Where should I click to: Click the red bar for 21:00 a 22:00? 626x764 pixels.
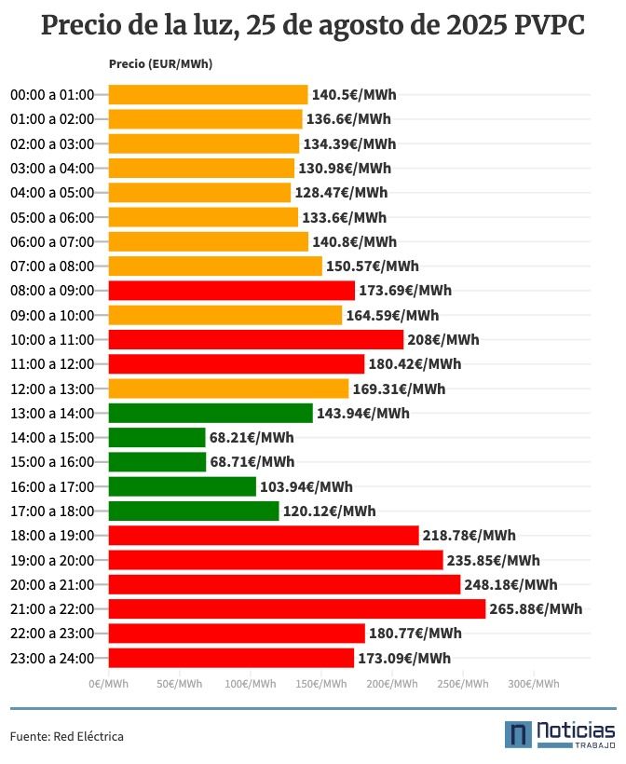297,608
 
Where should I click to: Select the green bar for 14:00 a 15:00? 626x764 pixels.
156,437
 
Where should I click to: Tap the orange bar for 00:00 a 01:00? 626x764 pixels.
208,94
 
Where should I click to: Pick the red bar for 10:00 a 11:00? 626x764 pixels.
256,339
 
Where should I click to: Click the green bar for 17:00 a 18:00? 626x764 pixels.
194,511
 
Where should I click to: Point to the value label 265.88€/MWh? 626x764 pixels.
536,609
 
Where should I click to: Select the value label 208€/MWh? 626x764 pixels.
443,340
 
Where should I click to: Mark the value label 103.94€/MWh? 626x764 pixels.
306,486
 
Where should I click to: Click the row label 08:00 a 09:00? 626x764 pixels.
52,291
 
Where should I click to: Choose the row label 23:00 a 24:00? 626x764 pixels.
52,658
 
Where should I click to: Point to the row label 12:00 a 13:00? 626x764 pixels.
52,389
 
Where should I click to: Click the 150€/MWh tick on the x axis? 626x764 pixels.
320,684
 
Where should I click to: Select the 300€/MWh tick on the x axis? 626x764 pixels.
533,684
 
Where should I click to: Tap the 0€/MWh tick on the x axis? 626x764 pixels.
109,684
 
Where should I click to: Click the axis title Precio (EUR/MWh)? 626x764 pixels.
160,64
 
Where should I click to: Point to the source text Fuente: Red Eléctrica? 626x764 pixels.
67,736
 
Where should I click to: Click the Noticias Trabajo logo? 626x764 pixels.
560,734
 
